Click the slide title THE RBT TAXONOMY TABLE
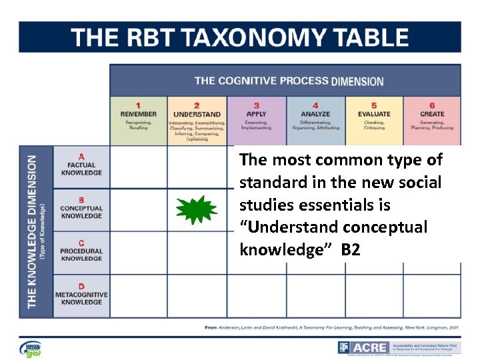tap(240, 37)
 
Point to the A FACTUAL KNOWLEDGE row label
tap(81, 165)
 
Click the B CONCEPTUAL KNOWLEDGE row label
tap(81, 208)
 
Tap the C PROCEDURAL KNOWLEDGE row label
tap(81, 251)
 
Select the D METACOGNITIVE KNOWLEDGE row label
tap(81, 295)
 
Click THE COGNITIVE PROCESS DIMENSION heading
tap(289, 81)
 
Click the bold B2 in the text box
tap(351, 250)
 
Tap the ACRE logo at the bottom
tap(363, 348)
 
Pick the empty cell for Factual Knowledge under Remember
tap(138, 167)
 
